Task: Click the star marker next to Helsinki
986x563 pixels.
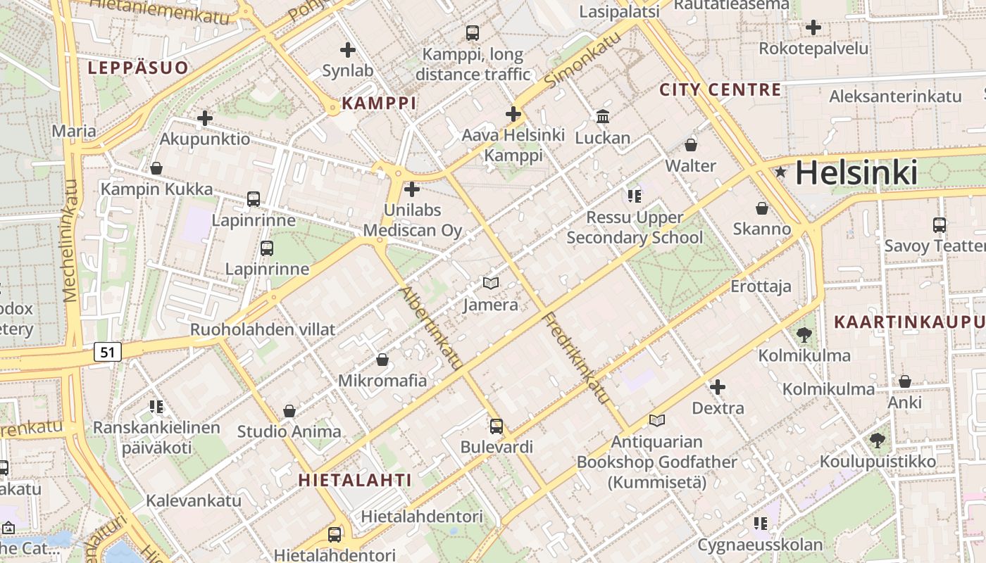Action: coord(780,172)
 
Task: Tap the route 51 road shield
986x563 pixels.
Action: coord(107,352)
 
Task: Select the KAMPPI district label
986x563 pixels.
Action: coord(379,103)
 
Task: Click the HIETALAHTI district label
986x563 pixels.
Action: coord(355,480)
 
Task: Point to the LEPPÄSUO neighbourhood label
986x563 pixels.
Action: coord(138,68)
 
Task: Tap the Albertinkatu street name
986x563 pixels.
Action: coord(430,328)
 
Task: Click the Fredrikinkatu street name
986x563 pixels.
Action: coord(576,357)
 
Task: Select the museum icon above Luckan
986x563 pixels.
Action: coord(603,116)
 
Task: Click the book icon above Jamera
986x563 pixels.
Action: coord(491,283)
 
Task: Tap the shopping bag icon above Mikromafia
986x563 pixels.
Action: coord(382,360)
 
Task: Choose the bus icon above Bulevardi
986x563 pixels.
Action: coord(497,426)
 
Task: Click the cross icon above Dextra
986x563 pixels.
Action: coord(718,386)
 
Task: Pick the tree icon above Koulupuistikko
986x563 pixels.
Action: coord(877,441)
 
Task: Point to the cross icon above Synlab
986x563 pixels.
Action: coord(347,50)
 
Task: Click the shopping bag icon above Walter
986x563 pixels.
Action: coord(691,145)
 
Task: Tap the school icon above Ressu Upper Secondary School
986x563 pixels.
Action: coord(635,196)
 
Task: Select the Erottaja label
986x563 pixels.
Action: coord(761,286)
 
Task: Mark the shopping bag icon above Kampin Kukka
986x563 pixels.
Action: coord(156,168)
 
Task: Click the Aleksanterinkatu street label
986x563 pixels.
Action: coord(895,96)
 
